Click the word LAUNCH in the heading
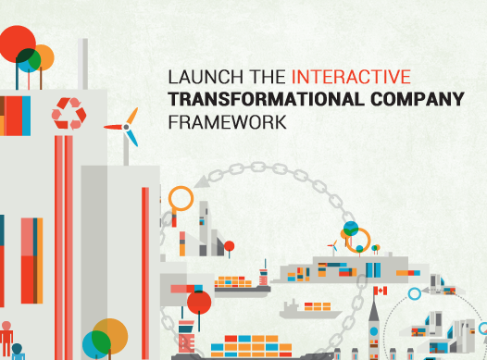[206, 77]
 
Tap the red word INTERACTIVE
[351, 77]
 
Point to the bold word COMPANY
[418, 99]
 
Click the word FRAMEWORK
[228, 122]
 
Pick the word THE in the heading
[268, 77]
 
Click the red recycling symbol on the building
[69, 113]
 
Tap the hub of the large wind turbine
[126, 127]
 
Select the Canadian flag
[381, 291]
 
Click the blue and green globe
[351, 229]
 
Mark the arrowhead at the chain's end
[201, 182]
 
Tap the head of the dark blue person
[17, 348]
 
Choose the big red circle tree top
[18, 43]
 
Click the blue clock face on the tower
[374, 331]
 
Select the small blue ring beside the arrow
[415, 293]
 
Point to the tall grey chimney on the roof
[82, 64]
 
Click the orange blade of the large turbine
[132, 116]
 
